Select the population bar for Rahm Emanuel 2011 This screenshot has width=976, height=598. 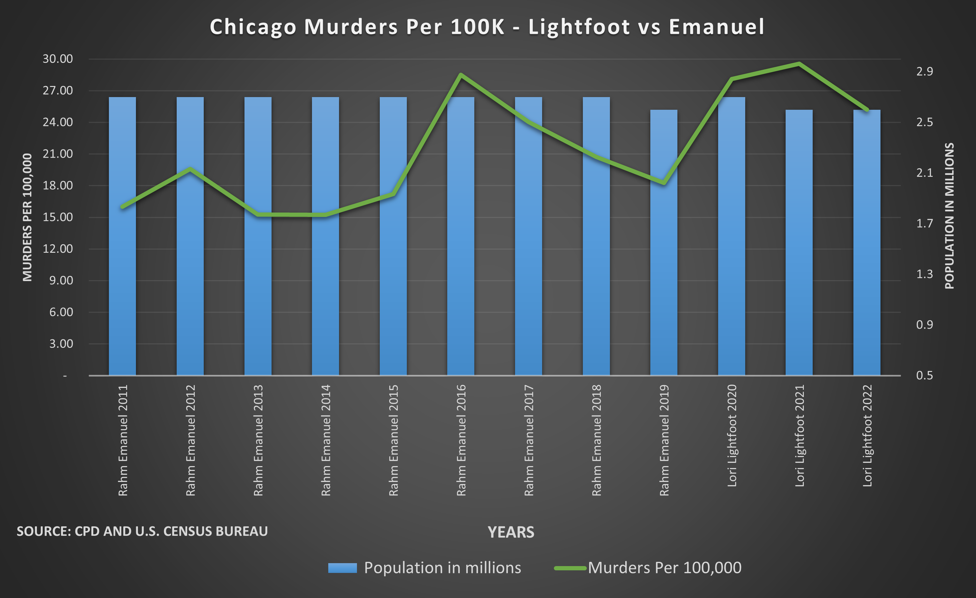click(x=122, y=237)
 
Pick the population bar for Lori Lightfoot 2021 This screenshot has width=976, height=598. click(x=799, y=245)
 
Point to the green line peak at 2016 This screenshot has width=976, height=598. click(x=461, y=74)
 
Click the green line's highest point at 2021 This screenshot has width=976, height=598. click(x=799, y=63)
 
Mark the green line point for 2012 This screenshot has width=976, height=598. click(x=190, y=169)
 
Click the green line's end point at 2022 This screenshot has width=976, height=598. click(x=867, y=110)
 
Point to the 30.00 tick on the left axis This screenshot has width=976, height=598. click(x=58, y=59)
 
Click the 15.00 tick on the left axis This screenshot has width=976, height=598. click(x=58, y=217)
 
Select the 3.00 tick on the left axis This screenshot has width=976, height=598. click(x=61, y=344)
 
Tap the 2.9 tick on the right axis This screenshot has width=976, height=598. click(x=924, y=72)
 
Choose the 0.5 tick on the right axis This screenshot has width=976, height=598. click(x=924, y=376)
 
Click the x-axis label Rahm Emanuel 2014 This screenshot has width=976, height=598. click(x=326, y=440)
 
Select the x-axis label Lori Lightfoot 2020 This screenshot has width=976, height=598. click(x=732, y=435)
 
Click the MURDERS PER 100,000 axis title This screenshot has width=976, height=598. click(x=27, y=217)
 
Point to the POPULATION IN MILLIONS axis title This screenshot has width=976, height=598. click(x=950, y=216)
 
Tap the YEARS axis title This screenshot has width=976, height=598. click(x=510, y=532)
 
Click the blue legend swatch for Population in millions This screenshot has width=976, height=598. click(x=342, y=568)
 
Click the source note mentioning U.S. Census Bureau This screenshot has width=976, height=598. click(x=142, y=531)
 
